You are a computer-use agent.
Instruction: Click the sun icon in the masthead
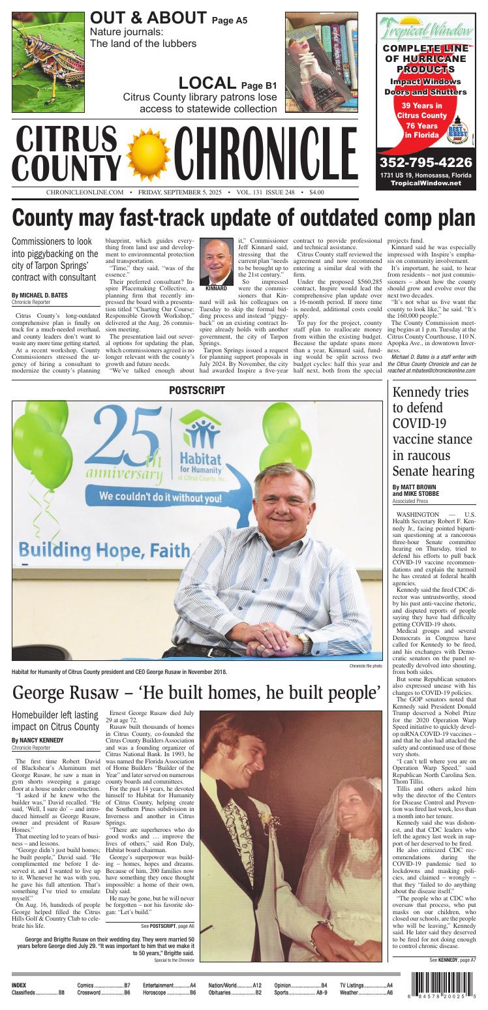click(x=147, y=153)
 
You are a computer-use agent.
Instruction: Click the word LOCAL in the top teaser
click(x=207, y=83)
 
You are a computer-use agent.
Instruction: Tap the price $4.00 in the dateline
click(x=316, y=192)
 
